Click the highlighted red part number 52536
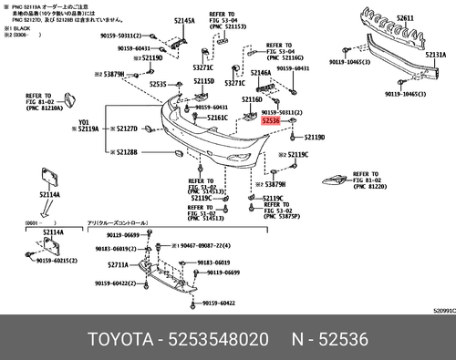click(x=271, y=119)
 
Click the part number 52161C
click(x=217, y=118)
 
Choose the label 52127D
click(x=125, y=129)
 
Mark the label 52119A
click(x=88, y=129)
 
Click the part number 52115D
click(x=203, y=81)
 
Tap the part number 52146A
click(x=261, y=72)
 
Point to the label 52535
click(x=158, y=84)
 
